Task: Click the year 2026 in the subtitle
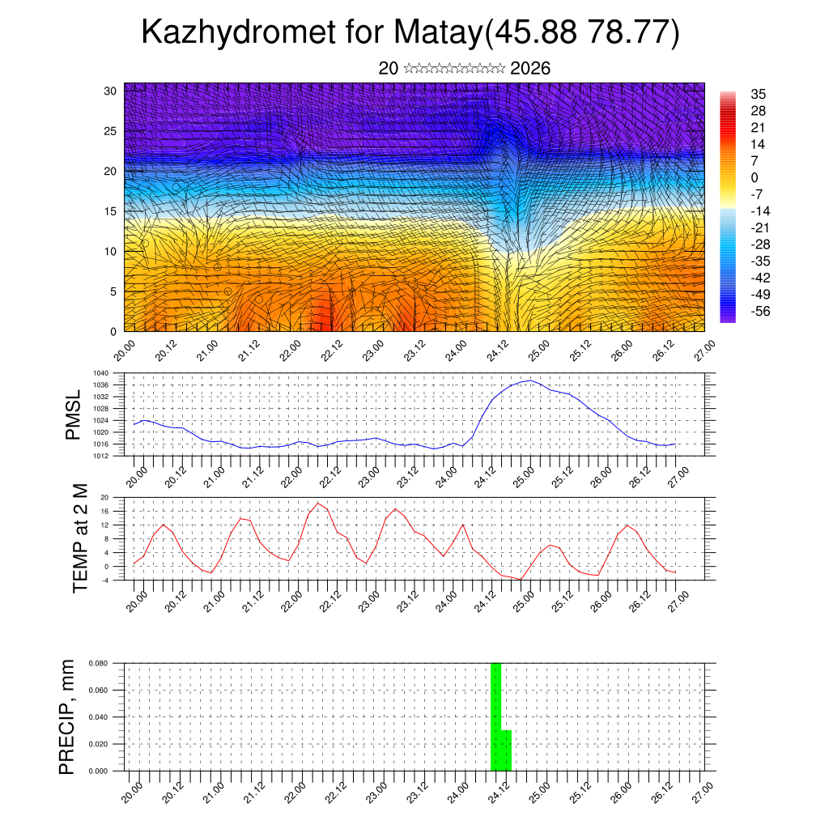pyautogui.click(x=530, y=68)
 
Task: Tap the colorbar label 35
pyautogui.click(x=759, y=95)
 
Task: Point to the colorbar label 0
pyautogui.click(x=755, y=177)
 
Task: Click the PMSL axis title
pyautogui.click(x=73, y=414)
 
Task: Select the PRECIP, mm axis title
pyautogui.click(x=67, y=716)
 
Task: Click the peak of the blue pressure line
pyautogui.click(x=530, y=380)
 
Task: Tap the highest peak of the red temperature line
pyautogui.click(x=318, y=503)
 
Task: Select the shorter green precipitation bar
pyautogui.click(x=506, y=750)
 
